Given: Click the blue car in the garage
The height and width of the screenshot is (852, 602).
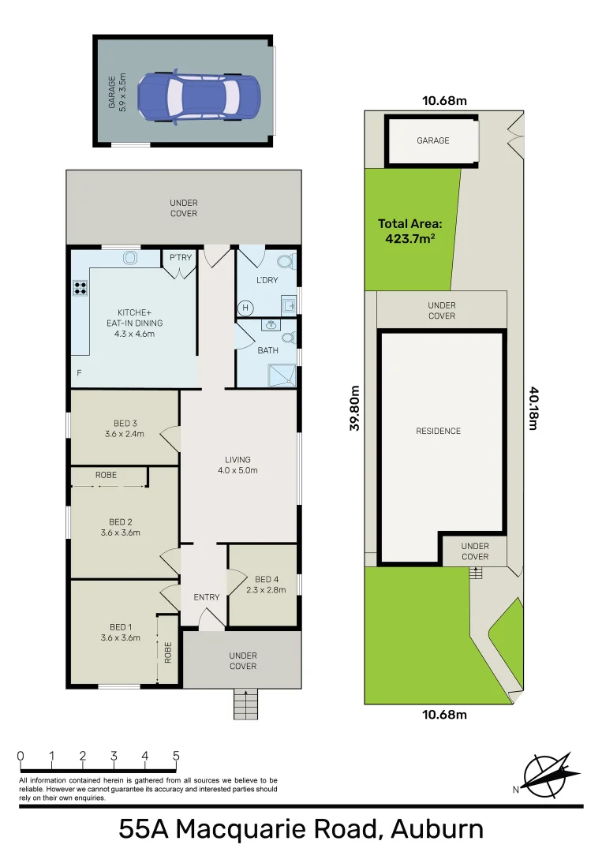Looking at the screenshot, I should [x=199, y=98].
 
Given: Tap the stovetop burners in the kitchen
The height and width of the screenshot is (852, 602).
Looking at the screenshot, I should [x=80, y=288].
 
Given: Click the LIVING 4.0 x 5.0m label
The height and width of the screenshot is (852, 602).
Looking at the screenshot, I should [x=237, y=465].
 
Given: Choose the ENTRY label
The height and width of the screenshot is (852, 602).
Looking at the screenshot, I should [x=207, y=597].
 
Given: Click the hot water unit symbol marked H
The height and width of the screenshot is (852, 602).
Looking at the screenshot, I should [x=245, y=307].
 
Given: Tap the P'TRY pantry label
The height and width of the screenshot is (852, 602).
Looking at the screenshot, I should [x=181, y=258].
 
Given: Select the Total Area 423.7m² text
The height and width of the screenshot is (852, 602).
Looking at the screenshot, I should [x=410, y=230].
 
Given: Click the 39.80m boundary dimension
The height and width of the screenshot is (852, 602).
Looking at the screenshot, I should [x=355, y=407].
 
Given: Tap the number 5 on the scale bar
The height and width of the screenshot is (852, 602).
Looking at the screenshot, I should [x=175, y=756].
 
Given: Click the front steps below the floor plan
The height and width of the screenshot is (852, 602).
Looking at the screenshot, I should [x=246, y=703].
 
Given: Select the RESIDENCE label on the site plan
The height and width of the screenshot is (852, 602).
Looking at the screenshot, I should [x=438, y=431].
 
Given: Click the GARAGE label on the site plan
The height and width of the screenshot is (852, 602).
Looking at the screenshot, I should [x=432, y=140].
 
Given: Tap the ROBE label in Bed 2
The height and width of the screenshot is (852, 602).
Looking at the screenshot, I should [x=107, y=475].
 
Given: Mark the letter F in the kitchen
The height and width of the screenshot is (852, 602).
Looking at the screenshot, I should [x=78, y=372].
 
